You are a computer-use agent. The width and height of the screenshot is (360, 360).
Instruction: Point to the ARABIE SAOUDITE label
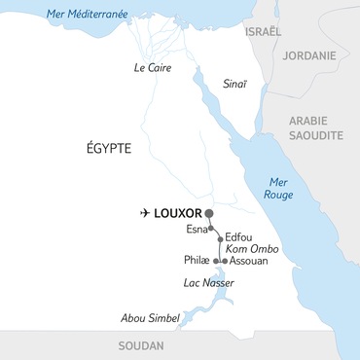[320, 129]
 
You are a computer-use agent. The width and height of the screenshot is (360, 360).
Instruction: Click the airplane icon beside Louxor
[146, 212]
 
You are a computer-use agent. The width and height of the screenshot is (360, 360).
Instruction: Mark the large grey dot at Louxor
[208, 212]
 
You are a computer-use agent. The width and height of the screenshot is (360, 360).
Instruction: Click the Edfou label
[239, 237]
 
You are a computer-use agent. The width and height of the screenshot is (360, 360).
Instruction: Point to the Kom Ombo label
[251, 249]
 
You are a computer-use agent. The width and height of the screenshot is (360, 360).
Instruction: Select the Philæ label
[198, 262]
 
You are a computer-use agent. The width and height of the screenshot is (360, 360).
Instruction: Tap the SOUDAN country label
[140, 346]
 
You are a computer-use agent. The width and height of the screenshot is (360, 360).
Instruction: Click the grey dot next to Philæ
[216, 262]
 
